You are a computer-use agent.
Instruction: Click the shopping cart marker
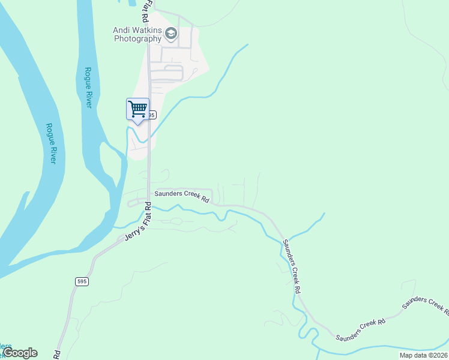click(x=138, y=109)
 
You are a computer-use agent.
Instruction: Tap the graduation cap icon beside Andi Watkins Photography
click(x=171, y=34)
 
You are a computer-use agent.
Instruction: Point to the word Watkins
click(x=147, y=29)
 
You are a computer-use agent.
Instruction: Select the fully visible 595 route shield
click(x=82, y=281)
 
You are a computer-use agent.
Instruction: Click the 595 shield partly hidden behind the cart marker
click(x=152, y=115)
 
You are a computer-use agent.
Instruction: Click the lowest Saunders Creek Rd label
click(x=360, y=329)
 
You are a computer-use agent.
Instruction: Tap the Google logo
click(x=20, y=353)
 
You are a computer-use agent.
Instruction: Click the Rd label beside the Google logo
click(x=58, y=355)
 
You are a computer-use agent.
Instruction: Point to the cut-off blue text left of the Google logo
click(x=5, y=347)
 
